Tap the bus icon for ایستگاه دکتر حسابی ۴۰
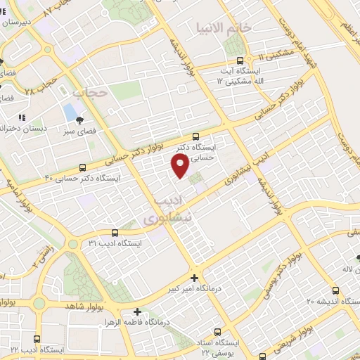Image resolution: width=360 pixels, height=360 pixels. pos(83,167)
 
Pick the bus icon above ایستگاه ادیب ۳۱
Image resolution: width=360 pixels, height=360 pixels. pos(124,233)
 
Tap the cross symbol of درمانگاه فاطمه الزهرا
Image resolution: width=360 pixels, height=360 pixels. pos(137,311)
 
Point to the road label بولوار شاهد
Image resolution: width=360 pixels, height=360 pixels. pos(85,307)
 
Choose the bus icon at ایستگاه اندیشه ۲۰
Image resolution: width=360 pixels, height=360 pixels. pos(335,290)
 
